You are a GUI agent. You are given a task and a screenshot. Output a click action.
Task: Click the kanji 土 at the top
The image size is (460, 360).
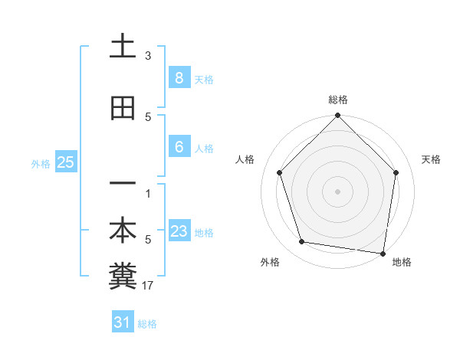pyautogui.click(x=123, y=46)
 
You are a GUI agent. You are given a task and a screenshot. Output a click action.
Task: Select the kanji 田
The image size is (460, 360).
pyautogui.click(x=123, y=108)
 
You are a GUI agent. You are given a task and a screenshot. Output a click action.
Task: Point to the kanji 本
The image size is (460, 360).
pyautogui.click(x=123, y=231)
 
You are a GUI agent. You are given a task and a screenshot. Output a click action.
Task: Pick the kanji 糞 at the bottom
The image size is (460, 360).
pyautogui.click(x=123, y=277)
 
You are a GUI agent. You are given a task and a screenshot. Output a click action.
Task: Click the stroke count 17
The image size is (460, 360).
pyautogui.click(x=148, y=286)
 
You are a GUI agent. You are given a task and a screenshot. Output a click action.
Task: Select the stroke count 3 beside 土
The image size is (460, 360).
pyautogui.click(x=148, y=55)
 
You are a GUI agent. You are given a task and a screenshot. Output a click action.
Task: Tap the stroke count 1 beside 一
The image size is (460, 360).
pyautogui.click(x=148, y=193)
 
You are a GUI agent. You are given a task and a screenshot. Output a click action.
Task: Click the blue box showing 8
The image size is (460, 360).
pyautogui.click(x=179, y=77)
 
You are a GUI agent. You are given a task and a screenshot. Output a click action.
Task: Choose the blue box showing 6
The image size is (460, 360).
pyautogui.click(x=179, y=147)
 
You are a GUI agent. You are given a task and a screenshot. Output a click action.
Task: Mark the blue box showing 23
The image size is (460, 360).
pyautogui.click(x=179, y=231)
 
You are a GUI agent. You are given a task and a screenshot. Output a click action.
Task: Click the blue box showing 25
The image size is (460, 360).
pyautogui.click(x=65, y=162)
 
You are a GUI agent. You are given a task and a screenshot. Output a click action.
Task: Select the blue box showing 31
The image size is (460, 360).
pyautogui.click(x=123, y=322)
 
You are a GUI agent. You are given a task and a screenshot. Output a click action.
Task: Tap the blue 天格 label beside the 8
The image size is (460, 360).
pyautogui.click(x=204, y=79)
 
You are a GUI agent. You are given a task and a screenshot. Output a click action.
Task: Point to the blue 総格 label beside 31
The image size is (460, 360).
pyautogui.click(x=147, y=324)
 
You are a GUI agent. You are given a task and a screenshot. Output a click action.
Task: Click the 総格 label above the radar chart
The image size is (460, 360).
pyautogui.click(x=337, y=100)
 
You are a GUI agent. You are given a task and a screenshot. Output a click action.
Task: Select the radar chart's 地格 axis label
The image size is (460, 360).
pyautogui.click(x=402, y=262)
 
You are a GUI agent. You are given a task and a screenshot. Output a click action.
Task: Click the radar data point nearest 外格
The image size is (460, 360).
pyautogui.click(x=302, y=242)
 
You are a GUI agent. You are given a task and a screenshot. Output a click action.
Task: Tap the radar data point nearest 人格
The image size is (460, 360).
pyautogui.click(x=280, y=173)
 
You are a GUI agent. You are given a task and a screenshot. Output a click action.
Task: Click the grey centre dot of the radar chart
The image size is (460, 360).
pyautogui.click(x=337, y=191)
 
